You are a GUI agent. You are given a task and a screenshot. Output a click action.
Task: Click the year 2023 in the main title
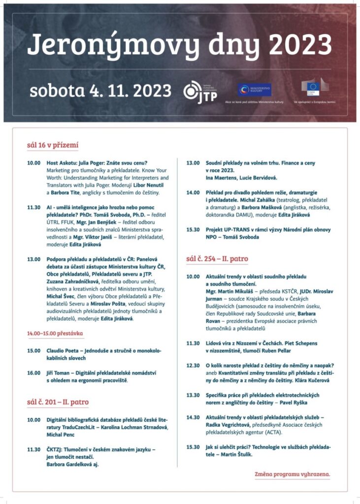coord(296,45)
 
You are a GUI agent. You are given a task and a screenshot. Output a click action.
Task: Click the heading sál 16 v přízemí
coord(53,145)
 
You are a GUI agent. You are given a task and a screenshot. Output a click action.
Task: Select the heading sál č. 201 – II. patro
coord(58,402)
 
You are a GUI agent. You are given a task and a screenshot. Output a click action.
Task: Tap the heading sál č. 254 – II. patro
coord(217,258)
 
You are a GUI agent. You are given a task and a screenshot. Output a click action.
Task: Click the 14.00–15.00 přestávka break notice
coord(55,334)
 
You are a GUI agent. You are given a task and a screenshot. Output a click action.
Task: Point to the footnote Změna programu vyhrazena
coord(293,474)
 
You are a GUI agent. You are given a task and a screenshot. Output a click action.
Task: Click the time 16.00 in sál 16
coord(33,373)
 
